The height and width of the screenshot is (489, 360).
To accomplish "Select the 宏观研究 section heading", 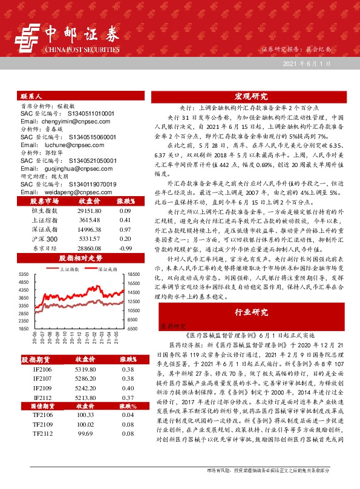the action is (251, 97).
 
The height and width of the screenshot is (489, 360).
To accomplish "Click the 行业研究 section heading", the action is (251, 312).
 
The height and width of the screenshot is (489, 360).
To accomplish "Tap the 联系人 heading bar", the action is (31, 97).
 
